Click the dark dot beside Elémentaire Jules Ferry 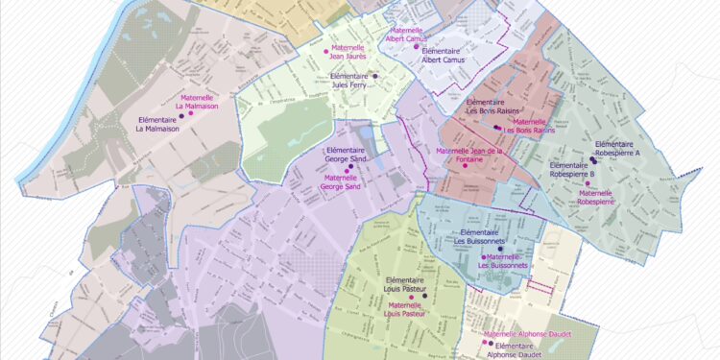coord(375,76)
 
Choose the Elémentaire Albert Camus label coord(443,55)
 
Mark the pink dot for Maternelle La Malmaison coord(190,113)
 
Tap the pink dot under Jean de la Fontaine coord(465,165)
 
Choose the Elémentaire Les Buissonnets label coord(485,236)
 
